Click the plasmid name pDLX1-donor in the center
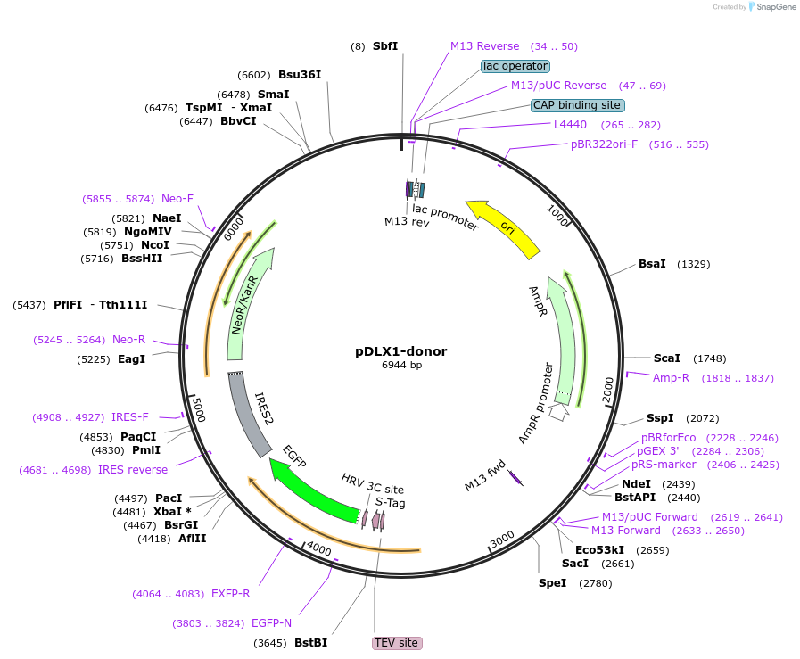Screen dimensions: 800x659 point(400,351)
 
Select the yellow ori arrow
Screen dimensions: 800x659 point(504,228)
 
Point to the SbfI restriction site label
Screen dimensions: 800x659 point(385,46)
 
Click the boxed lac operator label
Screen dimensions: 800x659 point(515,66)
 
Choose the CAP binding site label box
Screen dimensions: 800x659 point(576,105)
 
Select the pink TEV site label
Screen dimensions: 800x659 point(396,643)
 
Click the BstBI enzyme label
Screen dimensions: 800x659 point(310,642)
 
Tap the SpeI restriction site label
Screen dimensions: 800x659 point(552,583)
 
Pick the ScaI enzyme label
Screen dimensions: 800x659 point(666,358)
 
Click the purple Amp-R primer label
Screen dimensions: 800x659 point(671,378)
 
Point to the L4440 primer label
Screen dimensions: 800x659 point(570,125)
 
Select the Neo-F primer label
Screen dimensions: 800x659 point(177,199)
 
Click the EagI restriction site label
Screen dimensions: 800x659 point(131,359)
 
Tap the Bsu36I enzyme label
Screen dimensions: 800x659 point(300,75)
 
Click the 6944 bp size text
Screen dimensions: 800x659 point(401,366)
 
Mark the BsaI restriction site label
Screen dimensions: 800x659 point(652,264)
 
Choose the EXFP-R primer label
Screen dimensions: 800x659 point(230,594)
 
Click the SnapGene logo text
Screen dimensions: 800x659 point(773,6)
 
